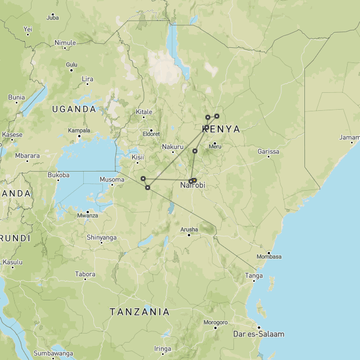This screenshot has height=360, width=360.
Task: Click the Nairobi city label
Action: tap(192, 185)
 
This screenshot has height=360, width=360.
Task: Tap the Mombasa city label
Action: tap(269, 256)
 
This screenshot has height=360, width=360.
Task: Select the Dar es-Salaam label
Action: tap(258, 334)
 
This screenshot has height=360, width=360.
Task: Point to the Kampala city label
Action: tap(79, 130)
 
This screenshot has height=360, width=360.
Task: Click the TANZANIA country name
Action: tap(139, 312)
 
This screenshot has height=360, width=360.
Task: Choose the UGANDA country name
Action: tap(74, 109)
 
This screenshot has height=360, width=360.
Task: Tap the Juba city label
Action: tap(52, 17)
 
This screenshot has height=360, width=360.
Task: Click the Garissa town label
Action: tap(268, 151)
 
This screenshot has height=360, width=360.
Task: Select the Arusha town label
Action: tap(189, 229)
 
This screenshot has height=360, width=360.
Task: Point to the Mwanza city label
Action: tap(87, 215)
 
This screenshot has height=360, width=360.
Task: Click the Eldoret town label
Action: tap(151, 134)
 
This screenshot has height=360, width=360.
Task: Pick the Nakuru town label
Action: tap(173, 147)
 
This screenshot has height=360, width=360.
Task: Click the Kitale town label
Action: tap(143, 112)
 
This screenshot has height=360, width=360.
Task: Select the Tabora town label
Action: tap(85, 274)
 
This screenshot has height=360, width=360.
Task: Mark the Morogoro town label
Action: tap(215, 322)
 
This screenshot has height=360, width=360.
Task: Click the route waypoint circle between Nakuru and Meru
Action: tap(195, 151)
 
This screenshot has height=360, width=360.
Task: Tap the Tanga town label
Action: tap(254, 275)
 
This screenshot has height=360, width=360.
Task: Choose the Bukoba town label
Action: tap(58, 175)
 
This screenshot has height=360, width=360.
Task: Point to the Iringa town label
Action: tap(163, 349)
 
